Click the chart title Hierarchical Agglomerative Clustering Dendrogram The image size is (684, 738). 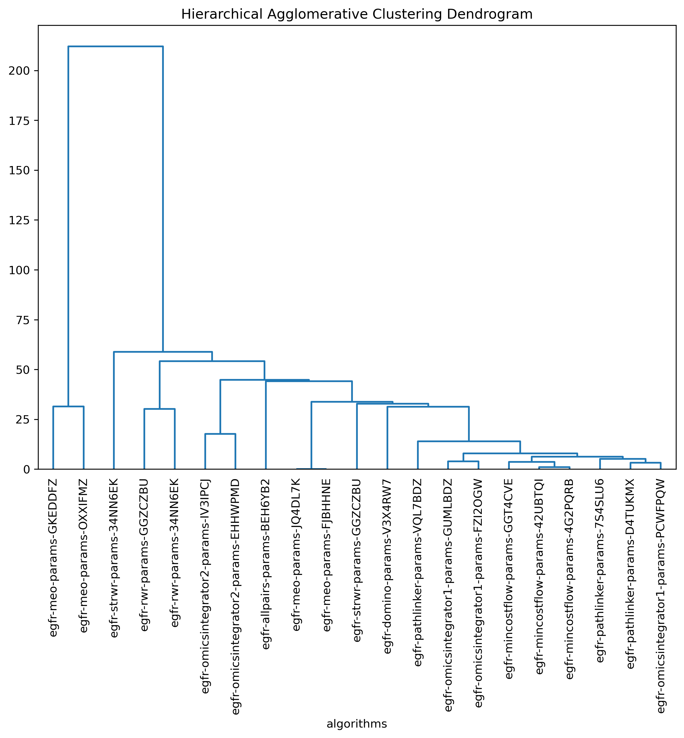coord(357,14)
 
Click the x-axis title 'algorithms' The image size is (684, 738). coord(357,724)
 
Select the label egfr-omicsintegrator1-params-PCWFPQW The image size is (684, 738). coord(661,596)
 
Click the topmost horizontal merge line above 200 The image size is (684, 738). coord(116,47)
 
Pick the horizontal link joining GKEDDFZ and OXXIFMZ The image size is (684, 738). coord(69,406)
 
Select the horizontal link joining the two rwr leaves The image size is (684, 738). coord(159,409)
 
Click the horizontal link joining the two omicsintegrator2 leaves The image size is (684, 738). coord(221,434)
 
